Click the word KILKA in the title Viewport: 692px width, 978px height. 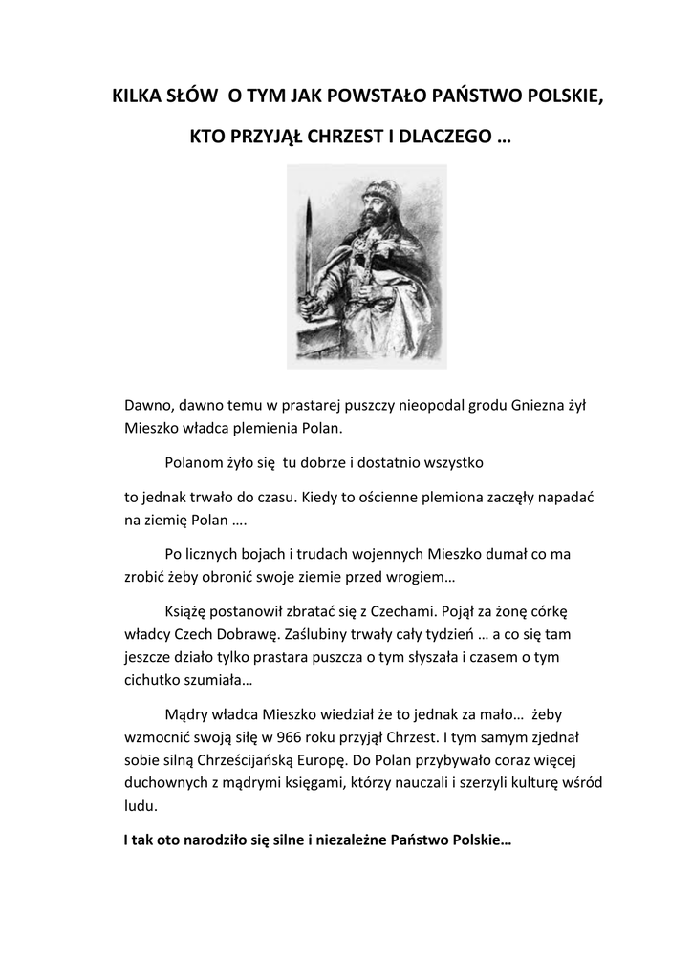(136, 96)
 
